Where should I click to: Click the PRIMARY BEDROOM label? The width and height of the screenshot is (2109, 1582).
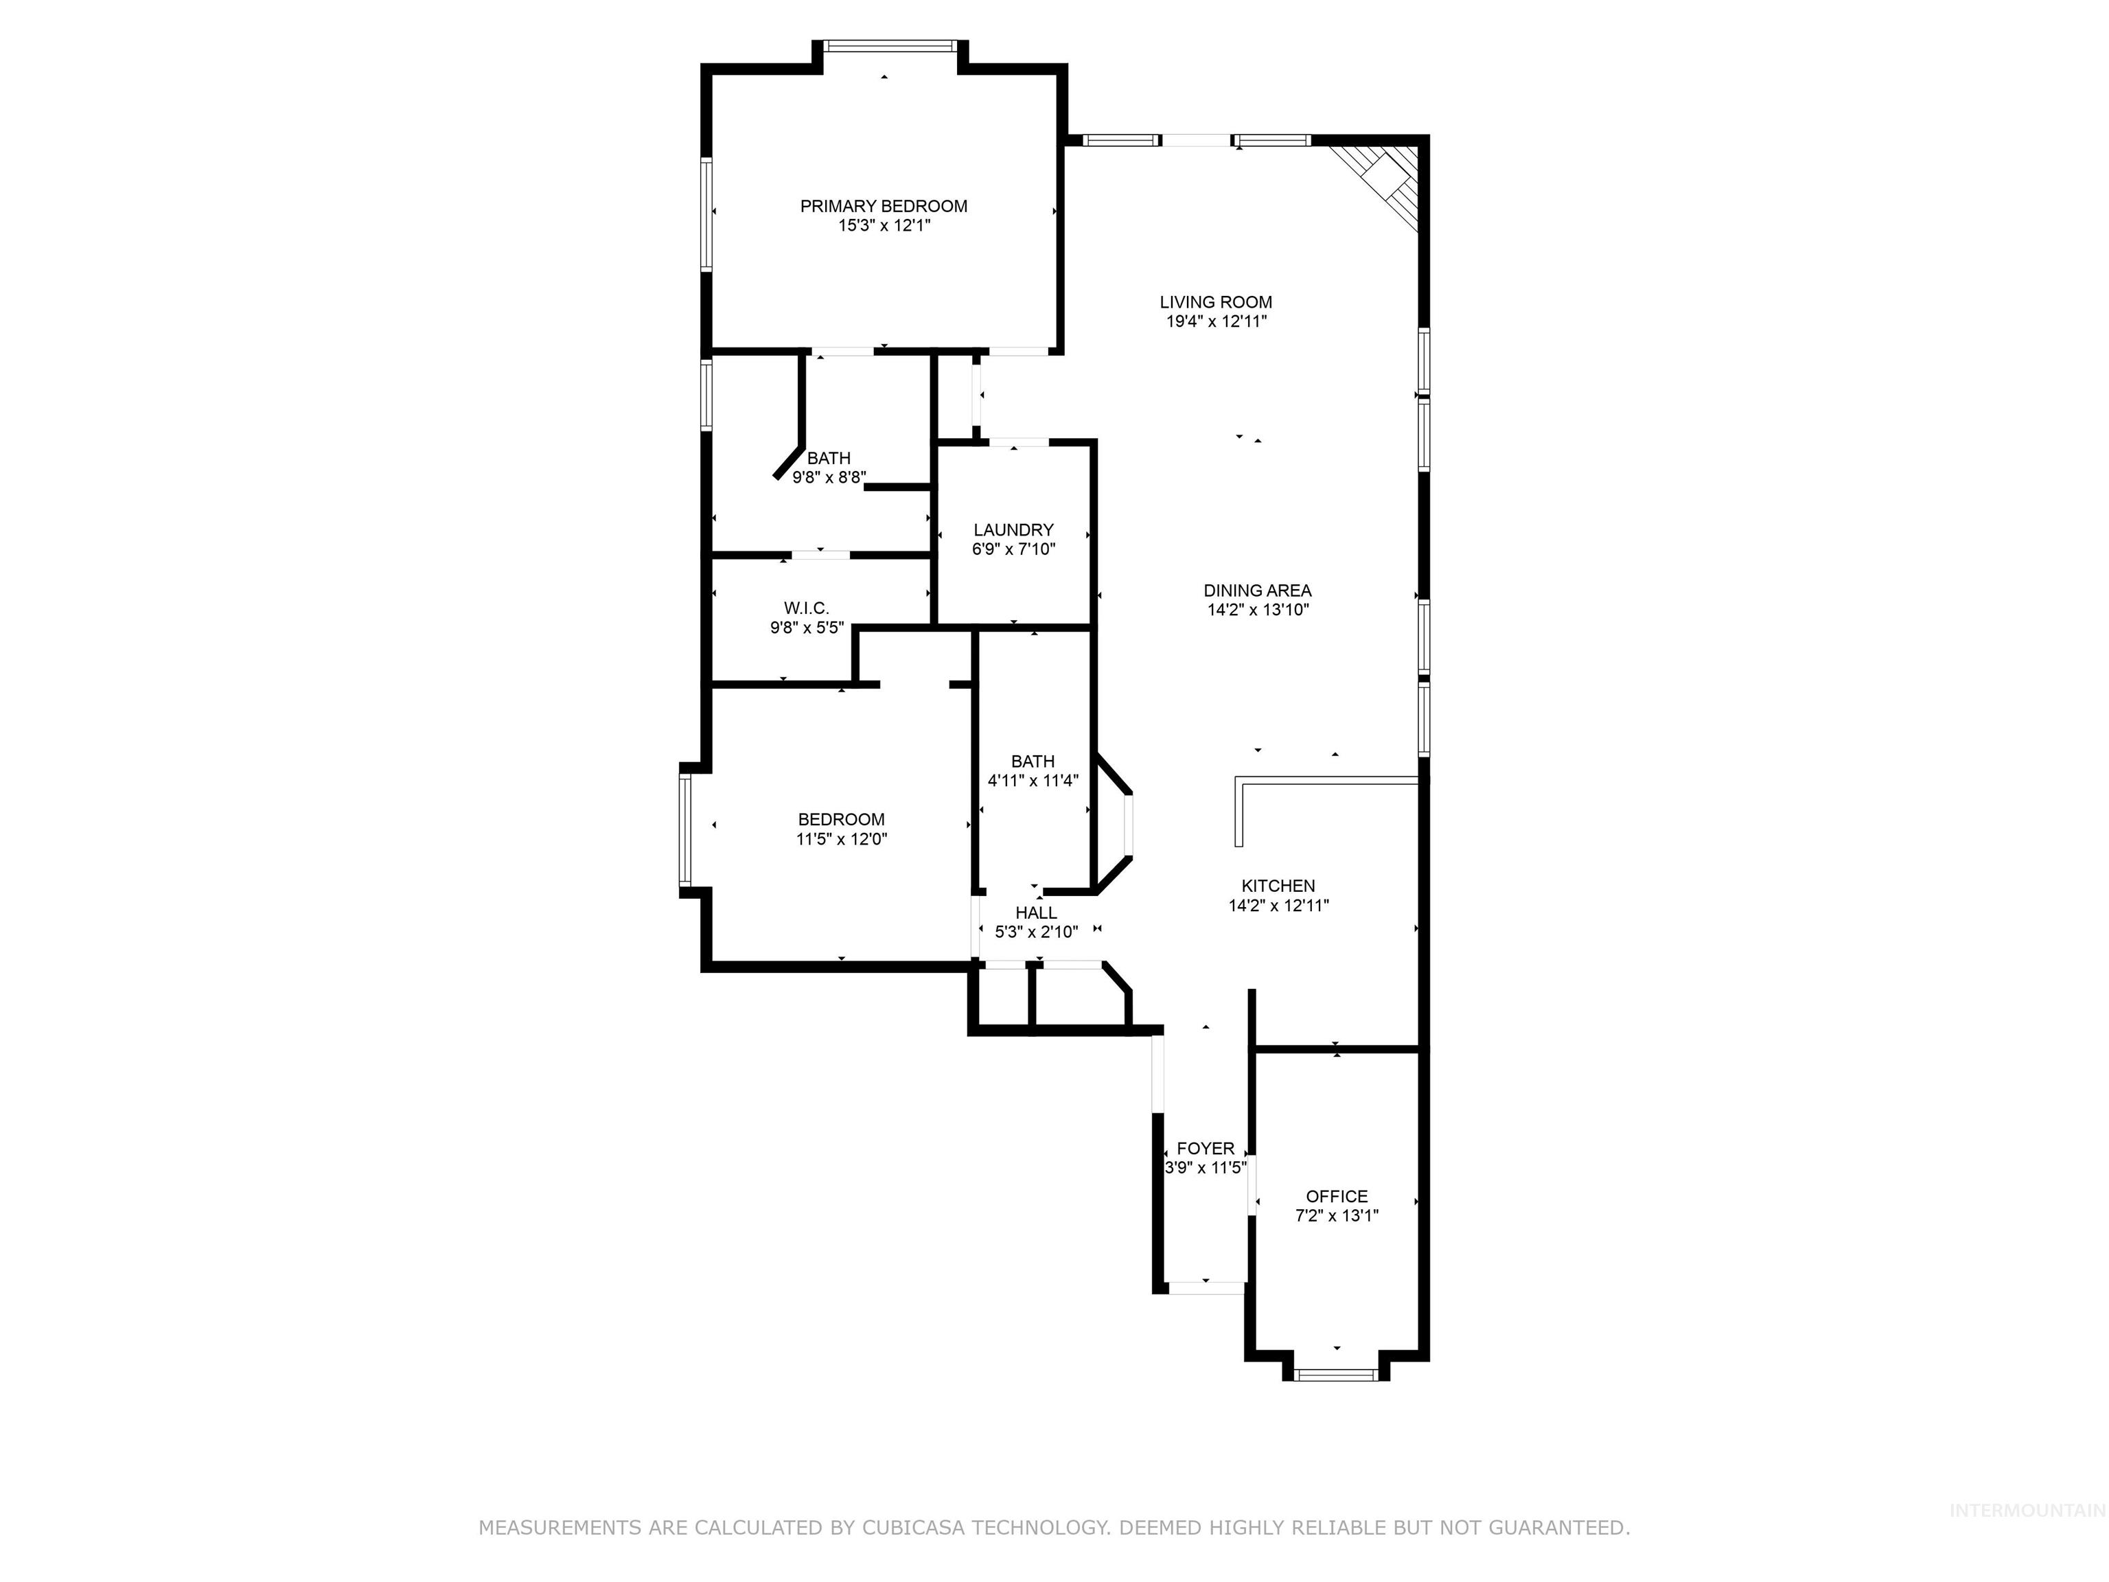(x=883, y=206)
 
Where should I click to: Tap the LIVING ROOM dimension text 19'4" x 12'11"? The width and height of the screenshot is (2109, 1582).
(x=1216, y=321)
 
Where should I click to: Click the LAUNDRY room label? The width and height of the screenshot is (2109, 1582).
(x=1013, y=530)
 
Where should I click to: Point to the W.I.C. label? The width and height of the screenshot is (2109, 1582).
(x=807, y=608)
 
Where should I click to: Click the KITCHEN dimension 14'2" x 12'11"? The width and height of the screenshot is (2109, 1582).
(x=1278, y=906)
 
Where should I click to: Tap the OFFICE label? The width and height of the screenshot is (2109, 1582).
(x=1336, y=1196)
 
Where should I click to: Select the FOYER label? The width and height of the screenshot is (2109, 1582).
(x=1205, y=1148)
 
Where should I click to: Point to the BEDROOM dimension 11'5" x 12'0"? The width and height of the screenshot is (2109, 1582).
(x=841, y=839)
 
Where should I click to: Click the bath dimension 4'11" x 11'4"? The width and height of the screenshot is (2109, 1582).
(x=1033, y=781)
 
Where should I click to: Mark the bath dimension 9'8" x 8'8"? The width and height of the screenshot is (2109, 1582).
(x=829, y=478)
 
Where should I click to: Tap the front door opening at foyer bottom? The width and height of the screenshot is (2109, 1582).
(x=1206, y=1287)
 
